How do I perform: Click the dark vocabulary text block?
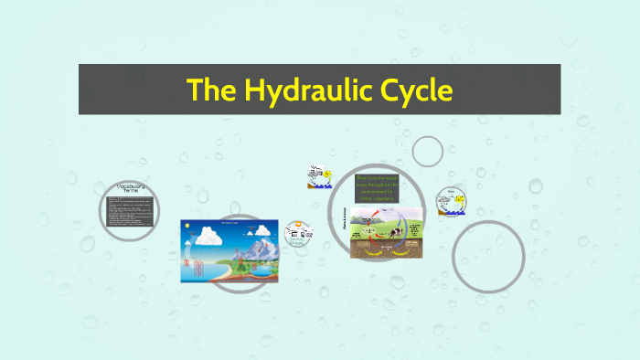coord(127,212)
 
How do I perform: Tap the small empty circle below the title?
coord(427,151)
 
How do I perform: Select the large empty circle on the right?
coord(488,257)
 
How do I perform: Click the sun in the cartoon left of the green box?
coord(326,174)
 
